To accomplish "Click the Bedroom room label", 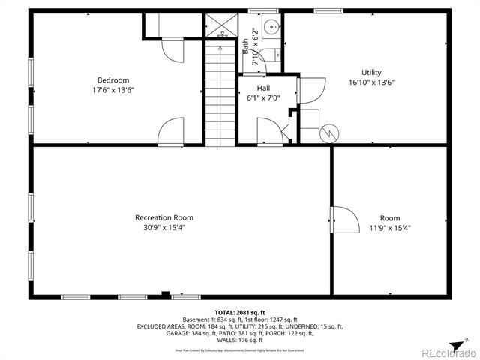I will click(113, 80).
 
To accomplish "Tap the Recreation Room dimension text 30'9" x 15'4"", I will click(164, 227).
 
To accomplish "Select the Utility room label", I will click(371, 73).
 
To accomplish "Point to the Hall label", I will click(263, 88).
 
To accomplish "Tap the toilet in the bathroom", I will click(274, 54).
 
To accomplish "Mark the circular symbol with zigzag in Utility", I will click(329, 134).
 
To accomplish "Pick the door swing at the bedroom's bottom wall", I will click(171, 130).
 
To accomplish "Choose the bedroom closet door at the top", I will click(172, 49).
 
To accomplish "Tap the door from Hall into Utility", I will click(309, 91).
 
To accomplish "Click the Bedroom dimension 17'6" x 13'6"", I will click(113, 90).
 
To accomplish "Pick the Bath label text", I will click(246, 46).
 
